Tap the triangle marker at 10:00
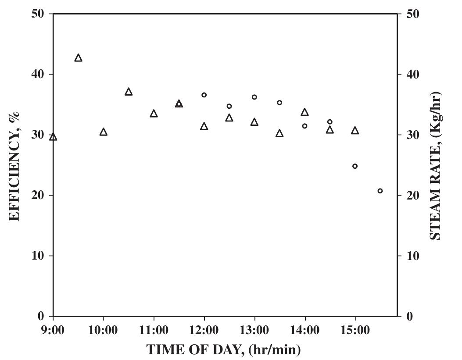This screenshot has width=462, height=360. [104, 132]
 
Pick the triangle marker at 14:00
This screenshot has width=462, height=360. [304, 113]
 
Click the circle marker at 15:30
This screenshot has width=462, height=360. [380, 191]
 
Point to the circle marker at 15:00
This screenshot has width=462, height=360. [355, 166]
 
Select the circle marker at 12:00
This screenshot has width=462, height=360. [204, 95]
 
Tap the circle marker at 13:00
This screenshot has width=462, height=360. [254, 97]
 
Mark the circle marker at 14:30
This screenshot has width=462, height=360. [330, 122]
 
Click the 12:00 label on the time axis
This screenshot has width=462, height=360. [204, 330]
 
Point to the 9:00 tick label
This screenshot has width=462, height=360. [53, 330]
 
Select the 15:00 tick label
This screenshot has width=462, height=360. [355, 330]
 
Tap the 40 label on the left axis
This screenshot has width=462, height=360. [37, 74]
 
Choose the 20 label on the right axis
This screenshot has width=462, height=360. [413, 195]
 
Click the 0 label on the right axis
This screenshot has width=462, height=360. [409, 317]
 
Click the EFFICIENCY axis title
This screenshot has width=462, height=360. [14, 166]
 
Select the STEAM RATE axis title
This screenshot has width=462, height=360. [435, 166]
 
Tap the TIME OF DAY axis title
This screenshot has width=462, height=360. [224, 350]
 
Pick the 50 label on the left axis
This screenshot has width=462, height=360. [37, 14]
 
